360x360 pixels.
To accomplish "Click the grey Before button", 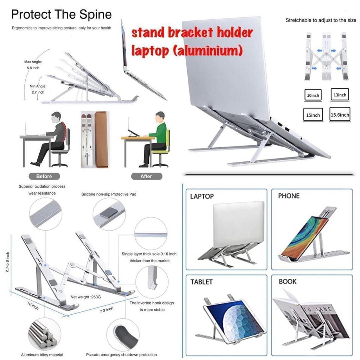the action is click(x=44, y=176).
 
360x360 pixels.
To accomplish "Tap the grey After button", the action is click(x=147, y=176).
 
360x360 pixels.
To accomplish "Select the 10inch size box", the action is click(x=313, y=95).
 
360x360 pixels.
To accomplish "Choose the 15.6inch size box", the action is click(x=340, y=115).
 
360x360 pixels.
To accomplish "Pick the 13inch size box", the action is click(x=340, y=95).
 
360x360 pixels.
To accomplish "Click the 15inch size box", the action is click(x=313, y=115).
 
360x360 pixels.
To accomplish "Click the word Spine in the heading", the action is click(x=96, y=15).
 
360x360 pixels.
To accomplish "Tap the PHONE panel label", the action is click(x=289, y=196).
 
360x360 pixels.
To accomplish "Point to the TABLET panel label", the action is click(x=201, y=282).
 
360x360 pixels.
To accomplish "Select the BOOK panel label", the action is click(x=288, y=282).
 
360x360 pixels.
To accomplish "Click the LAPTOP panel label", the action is click(x=202, y=196).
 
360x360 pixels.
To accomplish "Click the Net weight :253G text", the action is click(x=86, y=297).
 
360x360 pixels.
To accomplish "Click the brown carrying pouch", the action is click(x=102, y=140).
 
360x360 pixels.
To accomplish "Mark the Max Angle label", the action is click(x=33, y=62).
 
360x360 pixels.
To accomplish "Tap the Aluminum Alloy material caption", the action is click(x=42, y=355).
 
